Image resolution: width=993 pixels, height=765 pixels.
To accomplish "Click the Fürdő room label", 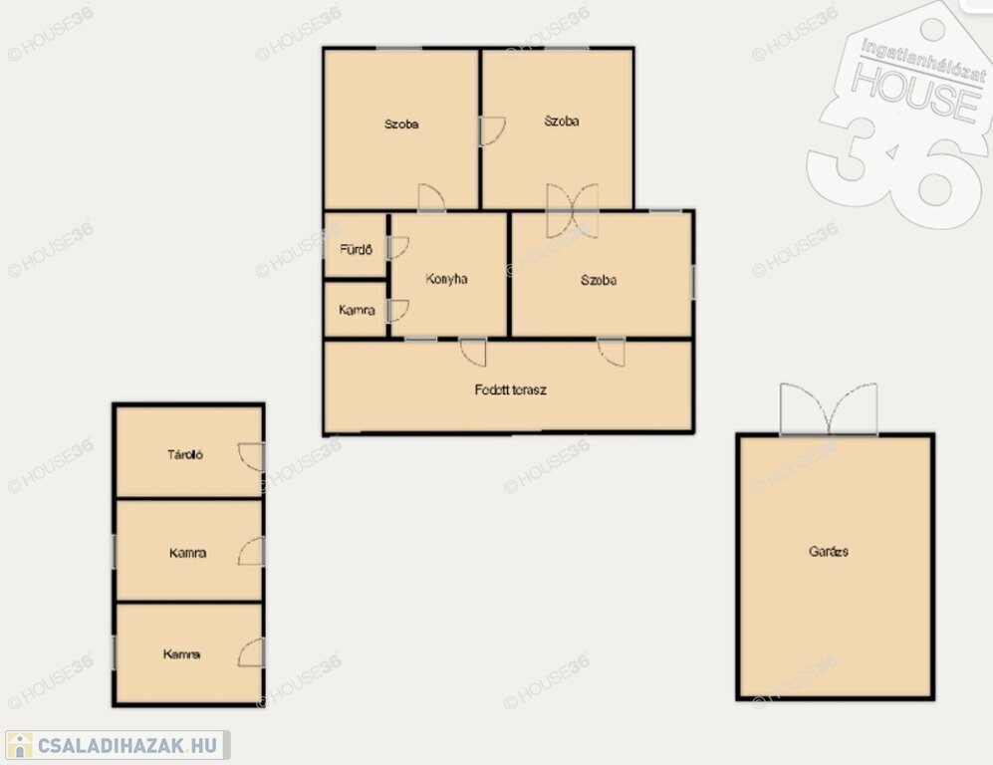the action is click(x=356, y=249).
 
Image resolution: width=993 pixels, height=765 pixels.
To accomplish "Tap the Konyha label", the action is click(x=446, y=279).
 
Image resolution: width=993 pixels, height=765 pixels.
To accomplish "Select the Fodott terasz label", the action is click(x=510, y=389).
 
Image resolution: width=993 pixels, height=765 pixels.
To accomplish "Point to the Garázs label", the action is click(x=829, y=551).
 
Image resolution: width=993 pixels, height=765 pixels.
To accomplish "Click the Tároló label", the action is click(x=185, y=454).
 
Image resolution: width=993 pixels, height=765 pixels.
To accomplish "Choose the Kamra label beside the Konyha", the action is click(x=357, y=310).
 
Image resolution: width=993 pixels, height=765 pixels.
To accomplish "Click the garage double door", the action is click(x=829, y=409).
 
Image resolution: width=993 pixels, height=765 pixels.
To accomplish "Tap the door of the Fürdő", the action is click(x=398, y=248).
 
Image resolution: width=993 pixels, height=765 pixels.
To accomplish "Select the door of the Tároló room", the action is click(x=251, y=456).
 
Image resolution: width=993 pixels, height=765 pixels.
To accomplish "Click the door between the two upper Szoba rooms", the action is click(x=492, y=130).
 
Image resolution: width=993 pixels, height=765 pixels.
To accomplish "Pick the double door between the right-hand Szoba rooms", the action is click(x=573, y=211).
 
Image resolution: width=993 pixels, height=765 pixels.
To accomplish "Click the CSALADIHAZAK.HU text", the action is click(x=127, y=745).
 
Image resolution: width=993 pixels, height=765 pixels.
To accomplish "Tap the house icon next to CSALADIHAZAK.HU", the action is click(x=20, y=745).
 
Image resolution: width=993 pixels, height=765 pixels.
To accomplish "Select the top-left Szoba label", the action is click(x=401, y=125).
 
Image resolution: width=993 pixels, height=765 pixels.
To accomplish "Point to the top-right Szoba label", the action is click(x=562, y=121).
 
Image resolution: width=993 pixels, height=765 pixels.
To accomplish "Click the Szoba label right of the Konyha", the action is click(x=599, y=280).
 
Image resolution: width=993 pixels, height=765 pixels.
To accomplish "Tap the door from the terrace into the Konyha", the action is click(x=474, y=353).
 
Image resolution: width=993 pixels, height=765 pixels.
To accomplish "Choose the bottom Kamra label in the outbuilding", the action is click(x=181, y=654).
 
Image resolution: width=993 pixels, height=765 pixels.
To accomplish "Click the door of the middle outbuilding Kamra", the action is click(x=251, y=552).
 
